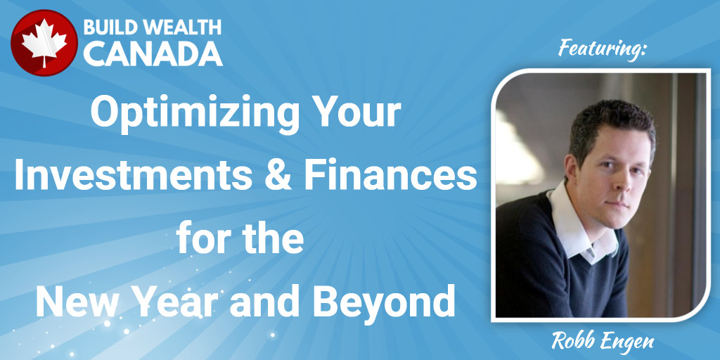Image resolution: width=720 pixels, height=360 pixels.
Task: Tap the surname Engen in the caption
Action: pos(631,342)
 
